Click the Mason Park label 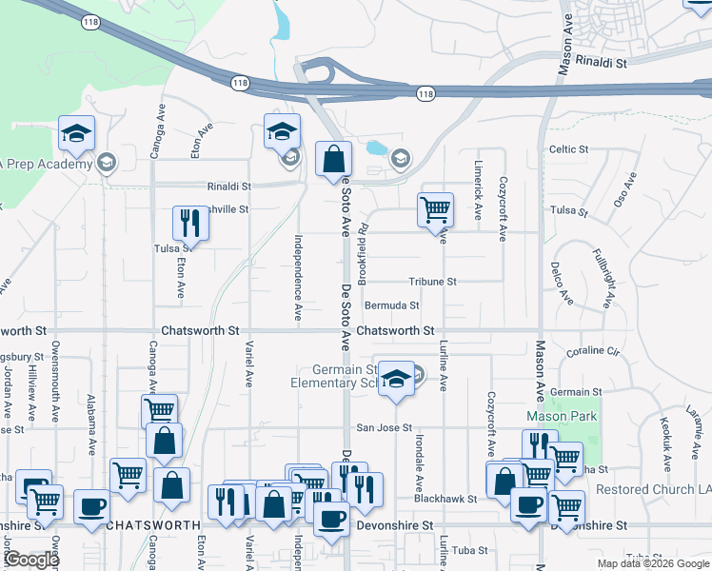(x=562, y=417)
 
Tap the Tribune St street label (x=433, y=282)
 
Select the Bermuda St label (x=392, y=305)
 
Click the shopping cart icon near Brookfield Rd (x=435, y=209)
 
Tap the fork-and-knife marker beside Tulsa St (x=189, y=223)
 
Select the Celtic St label (x=569, y=149)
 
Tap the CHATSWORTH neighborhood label (x=153, y=524)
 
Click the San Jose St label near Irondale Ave (x=384, y=428)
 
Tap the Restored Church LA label (x=653, y=489)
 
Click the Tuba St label (x=469, y=550)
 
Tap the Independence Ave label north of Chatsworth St (x=298, y=277)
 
